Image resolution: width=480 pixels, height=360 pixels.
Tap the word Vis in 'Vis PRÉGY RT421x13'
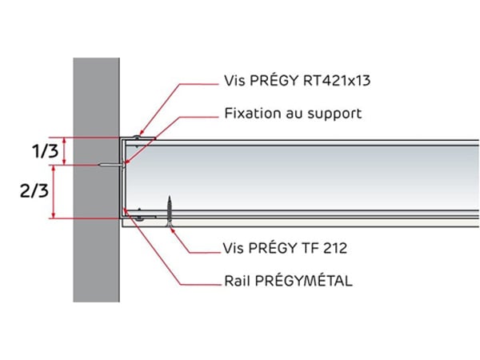tap(234, 82)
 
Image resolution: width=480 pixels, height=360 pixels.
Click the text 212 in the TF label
tap(334, 248)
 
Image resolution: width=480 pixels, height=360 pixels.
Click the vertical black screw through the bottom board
tap(170, 213)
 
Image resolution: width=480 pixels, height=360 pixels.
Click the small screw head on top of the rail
tap(138, 138)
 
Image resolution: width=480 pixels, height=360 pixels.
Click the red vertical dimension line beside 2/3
tap(54, 191)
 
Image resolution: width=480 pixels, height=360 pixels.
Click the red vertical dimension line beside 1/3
tap(54, 150)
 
